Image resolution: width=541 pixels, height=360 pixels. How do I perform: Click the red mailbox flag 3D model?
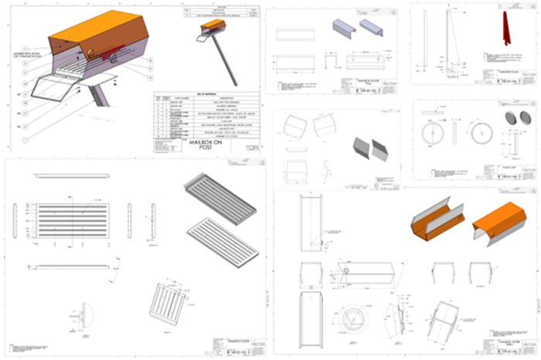[x=505, y=29]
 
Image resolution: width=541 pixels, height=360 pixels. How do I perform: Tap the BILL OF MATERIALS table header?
[x=205, y=91]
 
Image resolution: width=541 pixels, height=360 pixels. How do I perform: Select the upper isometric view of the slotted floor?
[x=221, y=195]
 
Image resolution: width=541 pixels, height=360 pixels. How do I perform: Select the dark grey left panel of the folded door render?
[x=362, y=148]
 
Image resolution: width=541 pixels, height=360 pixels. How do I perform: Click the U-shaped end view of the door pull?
[x=329, y=63]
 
